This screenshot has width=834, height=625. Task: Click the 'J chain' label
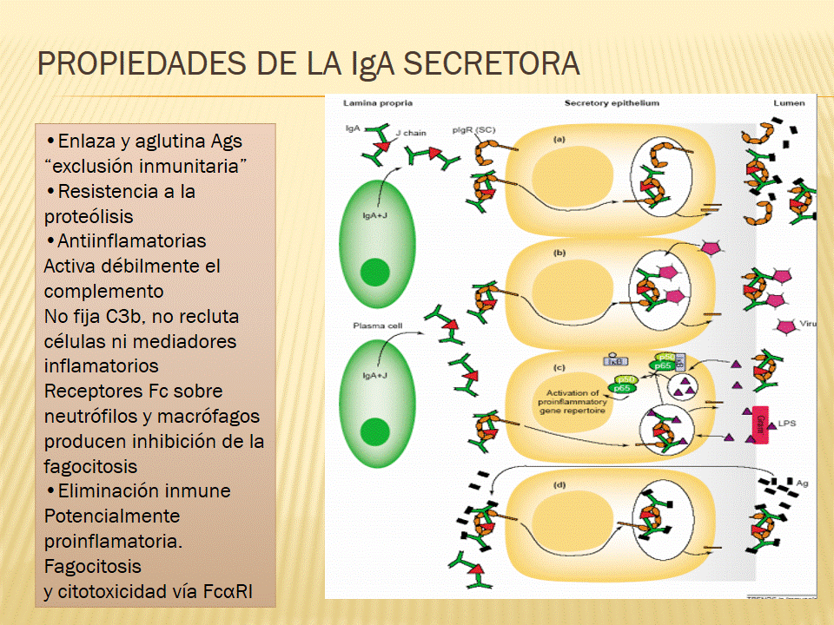[411, 134]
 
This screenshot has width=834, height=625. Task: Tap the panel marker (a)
[560, 138]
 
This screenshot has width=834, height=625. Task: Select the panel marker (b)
[560, 252]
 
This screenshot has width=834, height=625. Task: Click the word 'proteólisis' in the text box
[89, 216]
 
